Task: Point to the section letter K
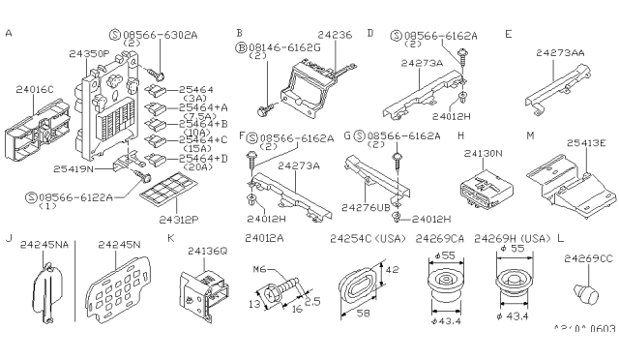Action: tap(170, 237)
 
